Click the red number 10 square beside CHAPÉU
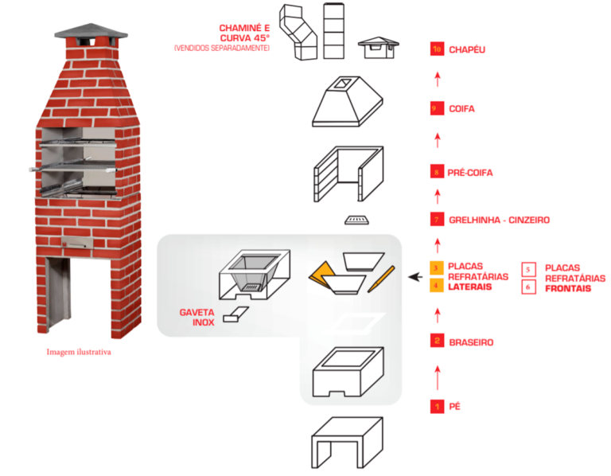point(436,49)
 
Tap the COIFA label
point(461,108)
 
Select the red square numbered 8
point(436,172)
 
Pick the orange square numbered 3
point(436,267)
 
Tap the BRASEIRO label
point(472,342)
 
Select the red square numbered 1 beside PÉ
point(436,407)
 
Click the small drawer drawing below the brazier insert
point(234,316)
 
